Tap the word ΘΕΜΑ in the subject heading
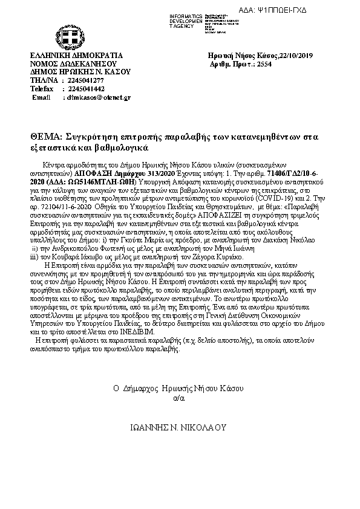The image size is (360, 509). pyautogui.click(x=45, y=137)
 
